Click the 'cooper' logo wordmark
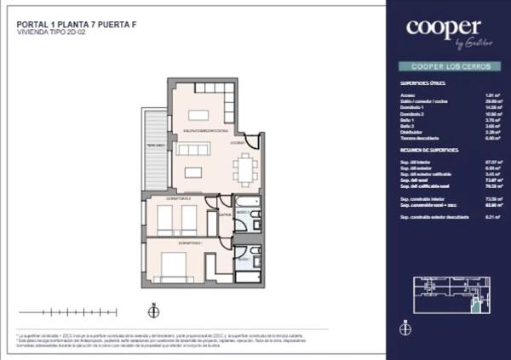point(443,27)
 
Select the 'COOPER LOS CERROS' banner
point(443,66)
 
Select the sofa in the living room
point(193,150)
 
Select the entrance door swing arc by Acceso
point(251,141)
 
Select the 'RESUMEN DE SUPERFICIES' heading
point(429,150)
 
